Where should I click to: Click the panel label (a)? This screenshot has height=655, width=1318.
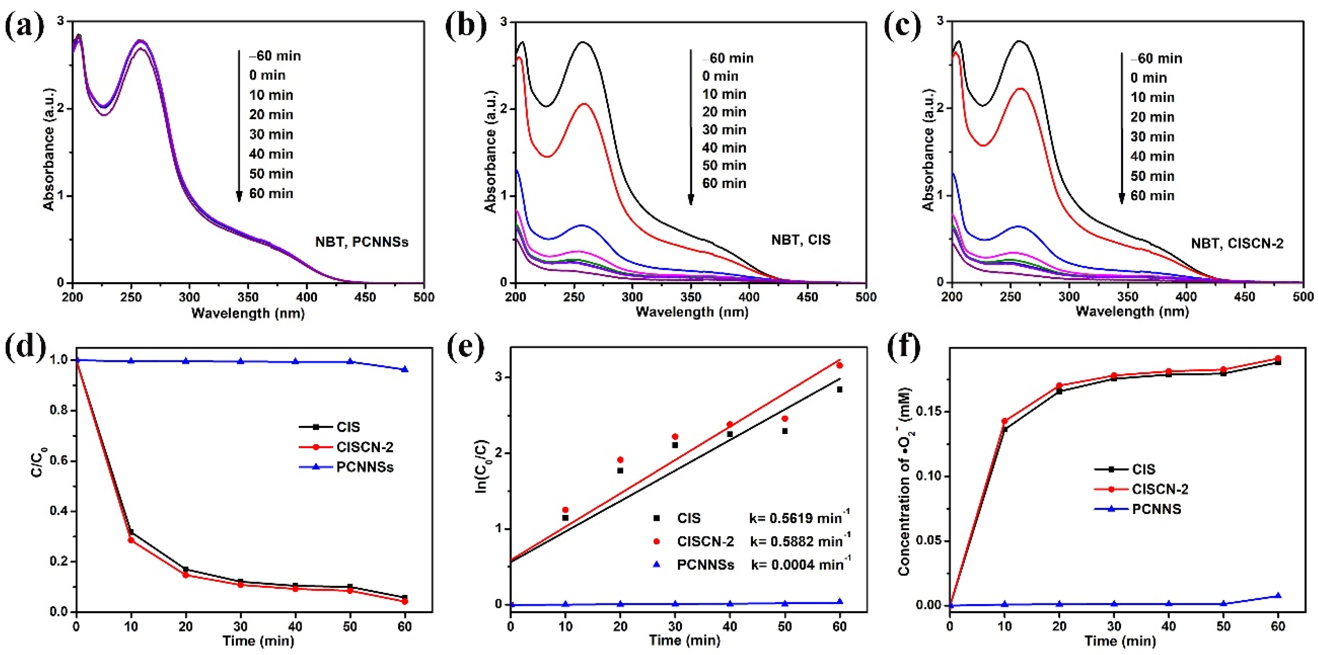[24, 27]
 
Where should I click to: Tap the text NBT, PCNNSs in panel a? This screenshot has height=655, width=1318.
[361, 242]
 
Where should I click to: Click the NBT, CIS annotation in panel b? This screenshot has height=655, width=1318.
[801, 240]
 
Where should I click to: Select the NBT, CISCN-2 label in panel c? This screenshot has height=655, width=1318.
[1237, 243]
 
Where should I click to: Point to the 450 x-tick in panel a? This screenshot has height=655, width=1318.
[365, 297]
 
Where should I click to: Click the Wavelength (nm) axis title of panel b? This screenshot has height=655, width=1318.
[692, 312]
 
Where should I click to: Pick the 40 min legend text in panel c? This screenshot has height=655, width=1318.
[1152, 156]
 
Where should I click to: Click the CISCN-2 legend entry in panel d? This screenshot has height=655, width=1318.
[364, 447]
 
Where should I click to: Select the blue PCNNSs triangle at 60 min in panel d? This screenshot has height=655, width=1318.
[405, 369]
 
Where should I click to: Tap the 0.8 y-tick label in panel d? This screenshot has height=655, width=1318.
[60, 411]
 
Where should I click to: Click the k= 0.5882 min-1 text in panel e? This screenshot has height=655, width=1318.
[800, 541]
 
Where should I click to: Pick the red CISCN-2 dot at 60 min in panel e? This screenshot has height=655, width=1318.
[840, 365]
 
